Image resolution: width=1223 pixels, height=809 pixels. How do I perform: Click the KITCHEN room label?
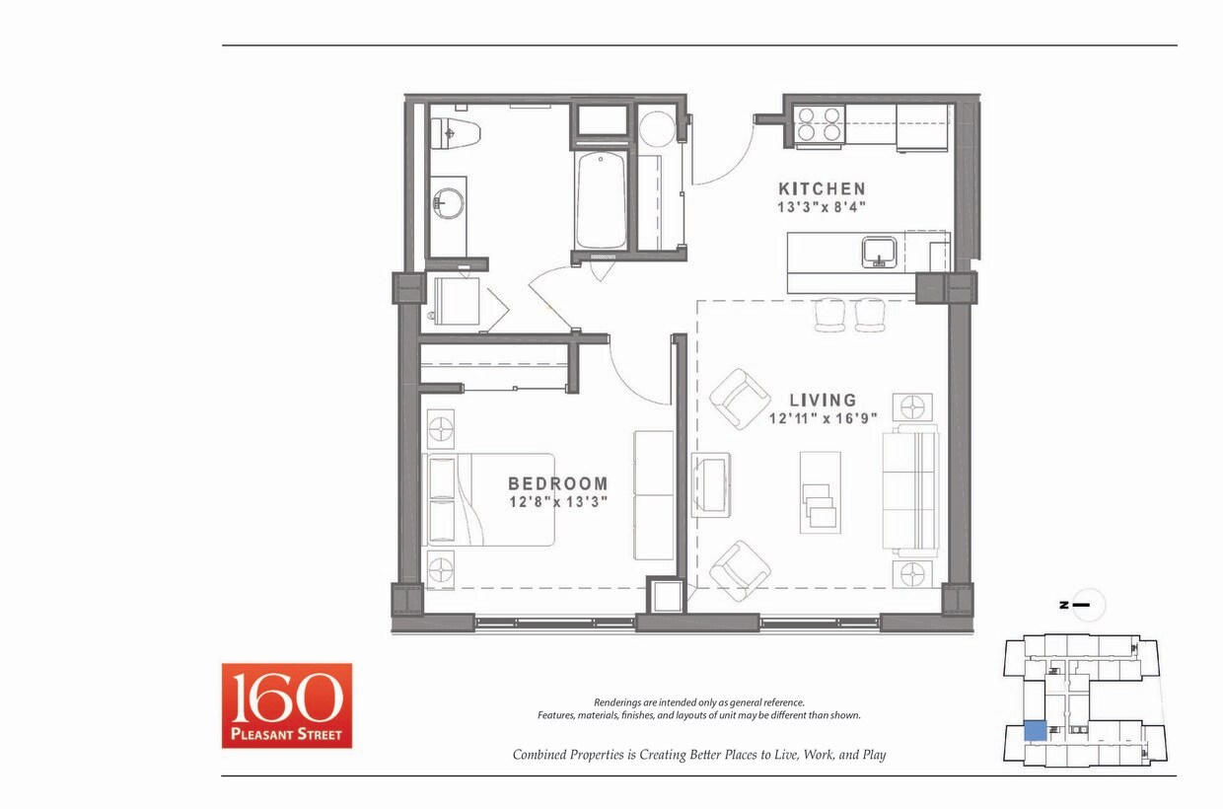tap(822, 188)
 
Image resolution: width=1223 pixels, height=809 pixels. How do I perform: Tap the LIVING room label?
tap(823, 400)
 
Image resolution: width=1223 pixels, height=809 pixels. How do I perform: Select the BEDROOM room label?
tap(557, 483)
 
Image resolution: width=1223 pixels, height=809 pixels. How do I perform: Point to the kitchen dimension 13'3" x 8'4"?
tap(822, 207)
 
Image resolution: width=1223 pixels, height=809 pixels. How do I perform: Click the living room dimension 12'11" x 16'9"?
tap(823, 418)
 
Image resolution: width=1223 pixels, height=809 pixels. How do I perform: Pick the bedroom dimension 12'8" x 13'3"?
tap(557, 501)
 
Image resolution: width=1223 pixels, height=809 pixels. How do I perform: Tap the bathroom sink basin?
tap(446, 205)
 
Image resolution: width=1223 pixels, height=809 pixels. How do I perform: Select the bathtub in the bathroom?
tap(601, 200)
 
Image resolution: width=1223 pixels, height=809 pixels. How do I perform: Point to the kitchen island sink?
tap(879, 252)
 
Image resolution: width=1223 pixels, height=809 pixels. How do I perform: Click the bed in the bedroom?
tap(489, 499)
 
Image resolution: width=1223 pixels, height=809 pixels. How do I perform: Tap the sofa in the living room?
tap(909, 491)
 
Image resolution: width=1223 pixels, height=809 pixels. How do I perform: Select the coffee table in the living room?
tap(820, 492)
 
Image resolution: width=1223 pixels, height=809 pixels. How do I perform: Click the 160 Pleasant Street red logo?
tap(286, 705)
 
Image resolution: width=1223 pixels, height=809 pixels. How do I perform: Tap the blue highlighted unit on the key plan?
tap(1035, 731)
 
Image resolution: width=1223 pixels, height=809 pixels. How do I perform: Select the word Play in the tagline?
tap(873, 755)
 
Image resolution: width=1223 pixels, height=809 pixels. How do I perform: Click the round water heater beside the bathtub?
tap(656, 129)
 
